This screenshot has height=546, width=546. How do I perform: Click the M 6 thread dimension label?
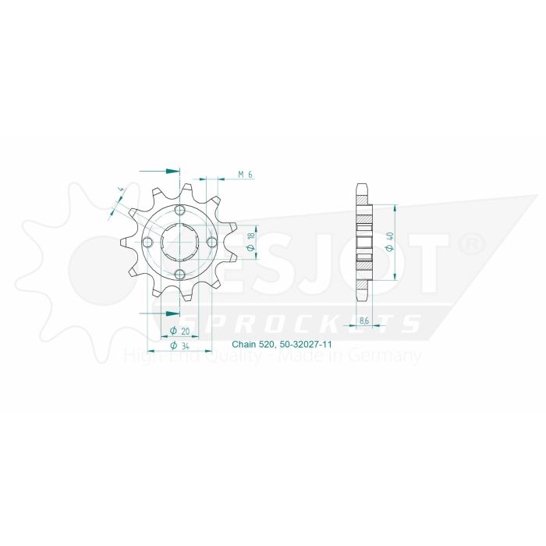pos(245,174)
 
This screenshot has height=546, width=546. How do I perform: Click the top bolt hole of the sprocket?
pos(180,211)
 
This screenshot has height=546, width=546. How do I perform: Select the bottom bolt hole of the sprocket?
pos(180,273)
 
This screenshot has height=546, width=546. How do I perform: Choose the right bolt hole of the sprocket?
pos(211,242)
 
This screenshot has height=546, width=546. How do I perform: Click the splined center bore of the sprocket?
pos(180,242)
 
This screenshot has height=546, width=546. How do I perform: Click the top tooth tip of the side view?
pos(363,186)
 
